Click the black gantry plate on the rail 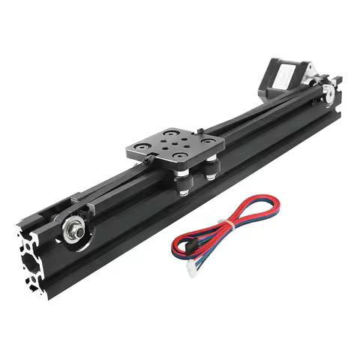pos(174,147)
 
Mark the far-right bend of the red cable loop pos(278,203)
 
